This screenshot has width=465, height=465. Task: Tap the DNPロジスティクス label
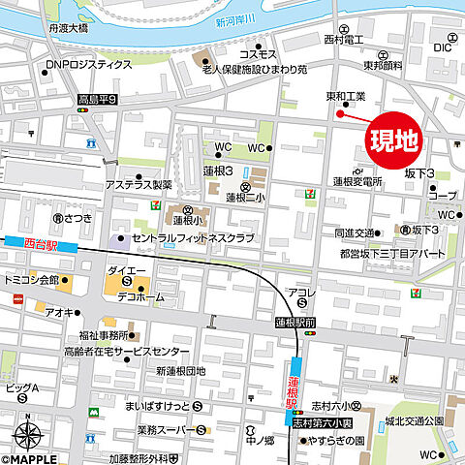pos(88,65)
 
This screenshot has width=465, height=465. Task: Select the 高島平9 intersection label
pos(98,99)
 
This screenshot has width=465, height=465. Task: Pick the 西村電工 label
pos(344,40)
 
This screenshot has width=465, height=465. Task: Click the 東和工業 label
pos(345,96)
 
